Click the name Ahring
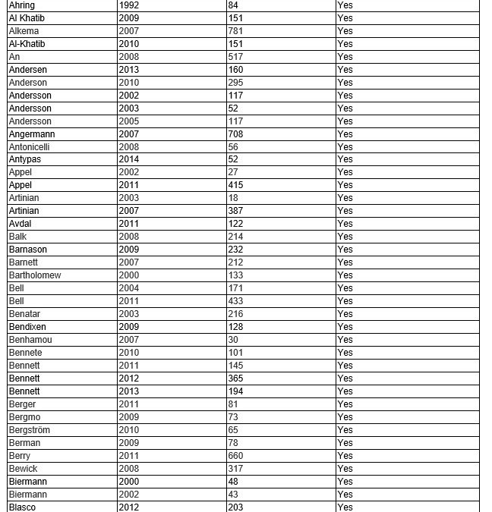[22, 5]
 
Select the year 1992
[129, 5]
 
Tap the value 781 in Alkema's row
[235, 31]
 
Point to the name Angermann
[32, 134]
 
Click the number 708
[235, 134]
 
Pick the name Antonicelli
[30, 147]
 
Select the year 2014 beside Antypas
[129, 160]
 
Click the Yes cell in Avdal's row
[345, 224]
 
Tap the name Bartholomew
[35, 275]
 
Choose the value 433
[235, 301]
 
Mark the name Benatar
[24, 314]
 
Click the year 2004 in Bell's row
[129, 288]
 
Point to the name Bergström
[30, 430]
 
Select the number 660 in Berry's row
[235, 456]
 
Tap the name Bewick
[23, 469]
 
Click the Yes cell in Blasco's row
[345, 507]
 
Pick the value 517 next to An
[235, 57]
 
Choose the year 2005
[129, 121]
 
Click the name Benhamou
[30, 340]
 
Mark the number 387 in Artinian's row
[235, 211]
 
